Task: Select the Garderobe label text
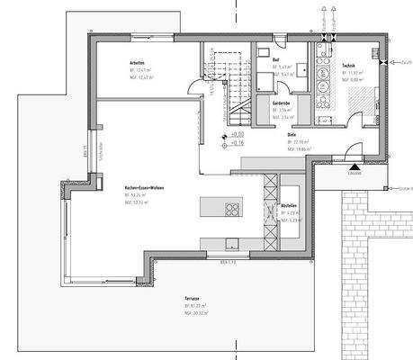[x=280, y=104]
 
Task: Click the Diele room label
[x=292, y=134]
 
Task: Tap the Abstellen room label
[x=288, y=205]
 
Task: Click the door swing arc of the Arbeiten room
[x=193, y=89]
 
